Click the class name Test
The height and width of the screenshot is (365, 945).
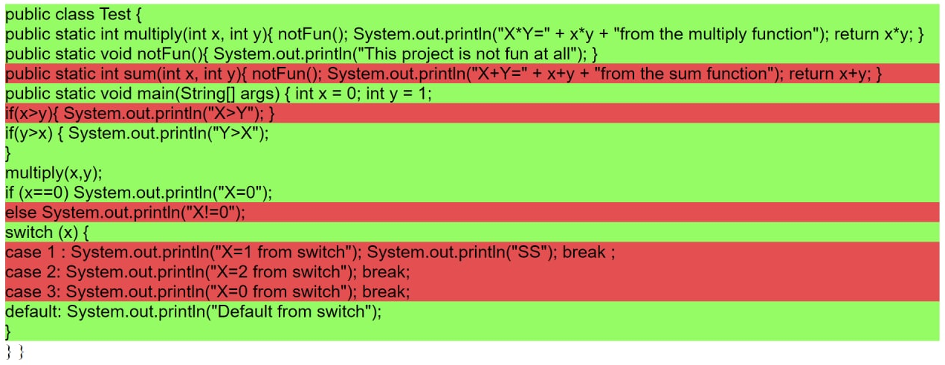[x=115, y=15]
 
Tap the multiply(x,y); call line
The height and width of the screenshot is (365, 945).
[x=54, y=173]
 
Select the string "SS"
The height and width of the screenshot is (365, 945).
[x=530, y=253]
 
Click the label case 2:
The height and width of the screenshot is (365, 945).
[x=32, y=272]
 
